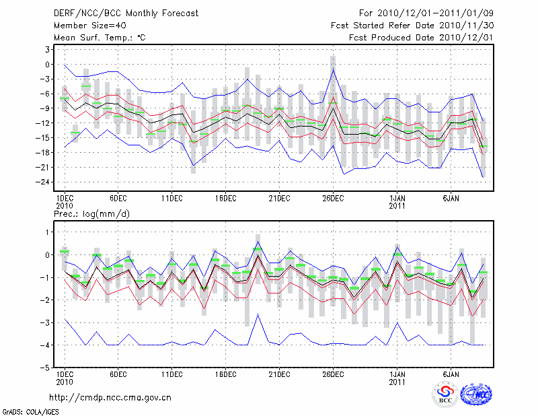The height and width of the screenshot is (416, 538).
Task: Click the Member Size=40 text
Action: [85, 26]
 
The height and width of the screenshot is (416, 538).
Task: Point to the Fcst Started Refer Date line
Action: [412, 26]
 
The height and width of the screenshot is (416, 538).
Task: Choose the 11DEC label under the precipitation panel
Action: [171, 374]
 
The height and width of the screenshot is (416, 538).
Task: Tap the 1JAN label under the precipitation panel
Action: [397, 374]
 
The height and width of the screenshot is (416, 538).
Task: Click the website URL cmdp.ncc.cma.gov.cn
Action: [111, 397]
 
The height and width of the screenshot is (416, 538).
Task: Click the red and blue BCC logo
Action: [445, 394]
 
